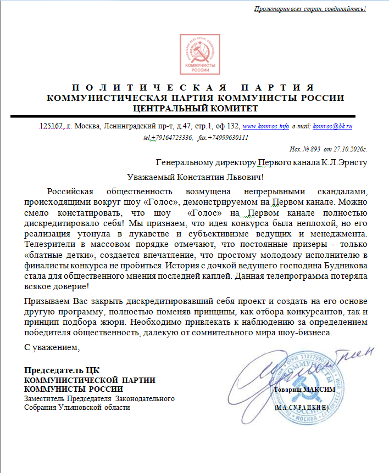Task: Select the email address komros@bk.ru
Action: click(x=332, y=126)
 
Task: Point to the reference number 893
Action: click(x=314, y=149)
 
